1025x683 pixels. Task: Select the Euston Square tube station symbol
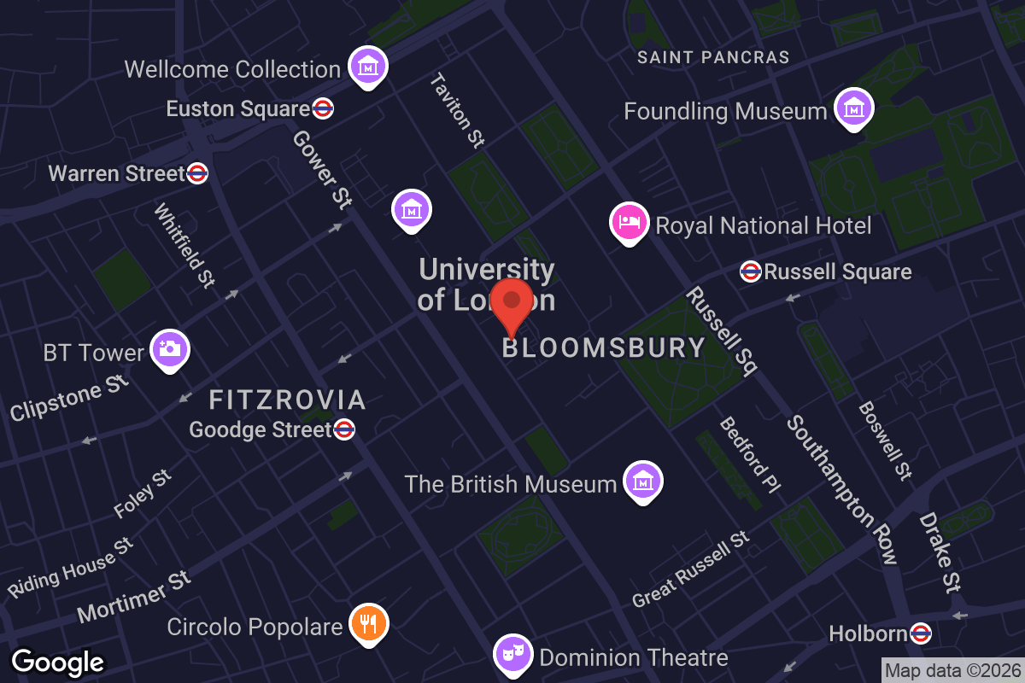323,108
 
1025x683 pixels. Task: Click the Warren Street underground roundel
197,173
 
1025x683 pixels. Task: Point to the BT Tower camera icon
170,349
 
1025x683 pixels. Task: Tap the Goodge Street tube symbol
344,429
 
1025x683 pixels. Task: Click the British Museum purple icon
643,481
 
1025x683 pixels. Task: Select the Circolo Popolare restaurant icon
369,623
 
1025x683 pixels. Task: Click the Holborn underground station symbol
920,633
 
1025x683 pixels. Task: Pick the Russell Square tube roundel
751,271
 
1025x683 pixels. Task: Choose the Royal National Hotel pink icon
629,222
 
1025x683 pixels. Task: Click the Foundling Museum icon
853,108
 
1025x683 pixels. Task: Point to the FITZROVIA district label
288,400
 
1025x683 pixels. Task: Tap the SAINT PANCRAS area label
714,57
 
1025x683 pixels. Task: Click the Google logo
58,662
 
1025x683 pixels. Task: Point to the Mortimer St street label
133,596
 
